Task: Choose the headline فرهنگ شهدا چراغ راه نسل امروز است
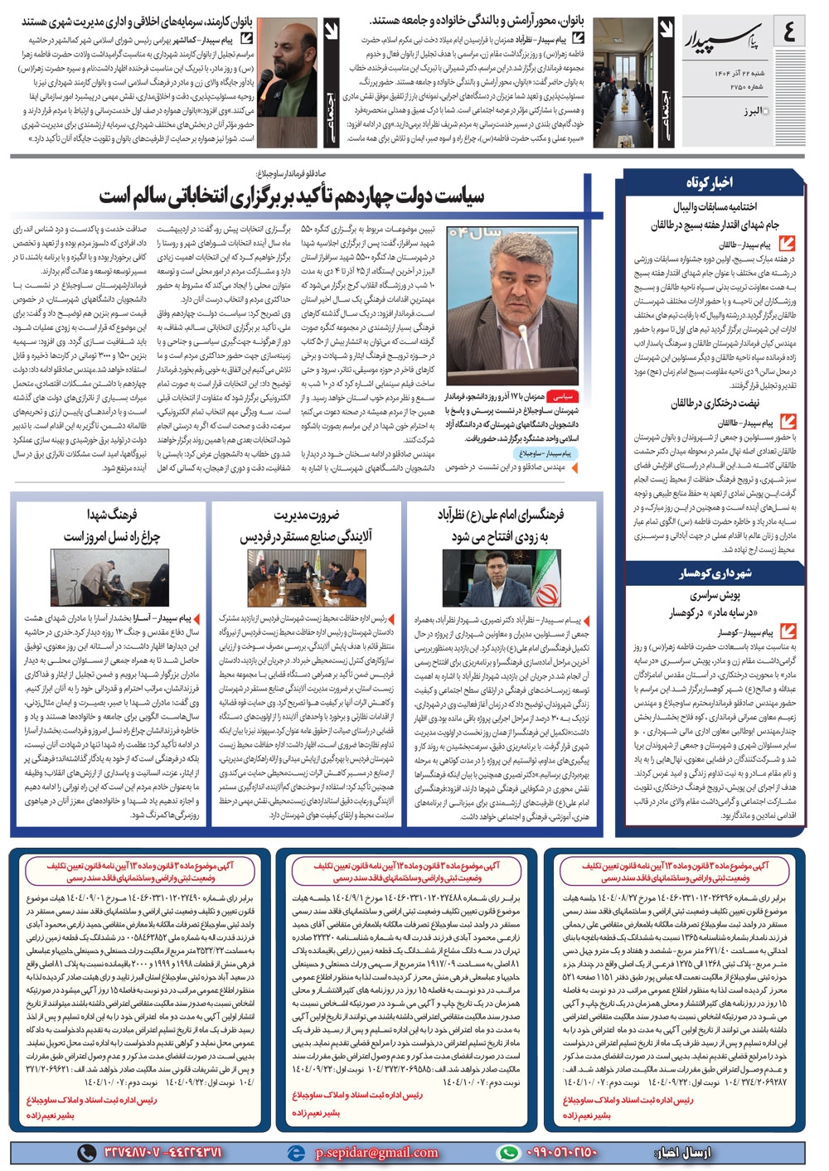(x=111, y=526)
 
